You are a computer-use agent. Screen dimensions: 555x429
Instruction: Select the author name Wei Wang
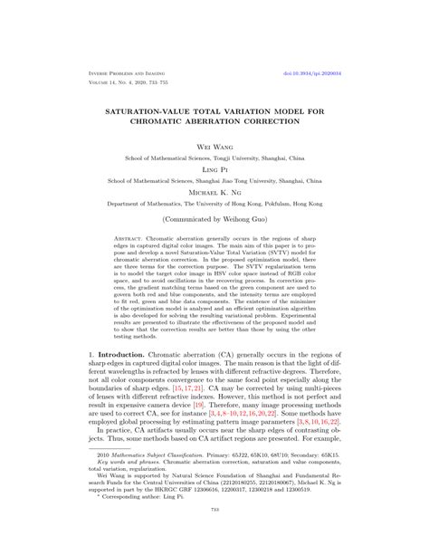(x=214, y=144)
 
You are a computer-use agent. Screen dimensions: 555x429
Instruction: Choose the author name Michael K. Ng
(x=214, y=192)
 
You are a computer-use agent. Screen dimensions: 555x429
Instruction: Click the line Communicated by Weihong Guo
(x=214, y=220)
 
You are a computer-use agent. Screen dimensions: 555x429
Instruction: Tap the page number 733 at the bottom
(x=214, y=535)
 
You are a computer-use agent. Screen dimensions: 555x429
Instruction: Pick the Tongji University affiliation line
(x=214, y=157)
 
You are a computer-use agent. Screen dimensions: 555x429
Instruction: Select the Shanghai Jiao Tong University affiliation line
(x=214, y=180)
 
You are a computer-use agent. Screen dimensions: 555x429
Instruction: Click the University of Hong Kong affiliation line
(x=214, y=205)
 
